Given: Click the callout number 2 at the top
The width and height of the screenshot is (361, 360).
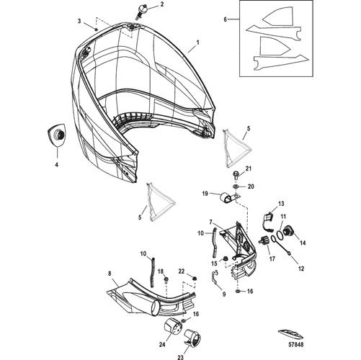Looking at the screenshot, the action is click(x=162, y=4).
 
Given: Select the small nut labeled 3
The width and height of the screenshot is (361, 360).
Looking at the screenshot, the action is click(x=96, y=29).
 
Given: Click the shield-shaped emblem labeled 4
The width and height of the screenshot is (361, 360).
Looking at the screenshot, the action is click(x=57, y=135).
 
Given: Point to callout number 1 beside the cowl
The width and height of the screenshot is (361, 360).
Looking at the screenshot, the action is click(x=198, y=43).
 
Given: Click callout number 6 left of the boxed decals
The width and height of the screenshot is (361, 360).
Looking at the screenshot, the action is click(x=225, y=19).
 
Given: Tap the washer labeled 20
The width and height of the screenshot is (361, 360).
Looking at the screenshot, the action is click(x=236, y=186).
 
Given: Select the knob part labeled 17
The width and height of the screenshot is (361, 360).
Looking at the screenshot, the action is click(x=264, y=240).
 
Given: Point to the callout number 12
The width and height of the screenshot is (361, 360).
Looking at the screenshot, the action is click(x=301, y=269).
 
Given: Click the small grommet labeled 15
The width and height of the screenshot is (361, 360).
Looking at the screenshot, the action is click(x=226, y=258).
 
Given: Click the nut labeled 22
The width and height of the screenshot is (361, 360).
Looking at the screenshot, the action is click(x=195, y=279).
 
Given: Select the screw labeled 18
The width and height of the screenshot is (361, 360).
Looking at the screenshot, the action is click(x=166, y=279).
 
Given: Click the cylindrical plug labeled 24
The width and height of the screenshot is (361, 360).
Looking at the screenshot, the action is click(x=172, y=325).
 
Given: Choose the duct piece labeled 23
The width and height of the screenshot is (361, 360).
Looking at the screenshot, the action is click(x=192, y=338).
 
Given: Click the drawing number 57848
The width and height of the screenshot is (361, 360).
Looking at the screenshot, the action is click(x=295, y=345).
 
